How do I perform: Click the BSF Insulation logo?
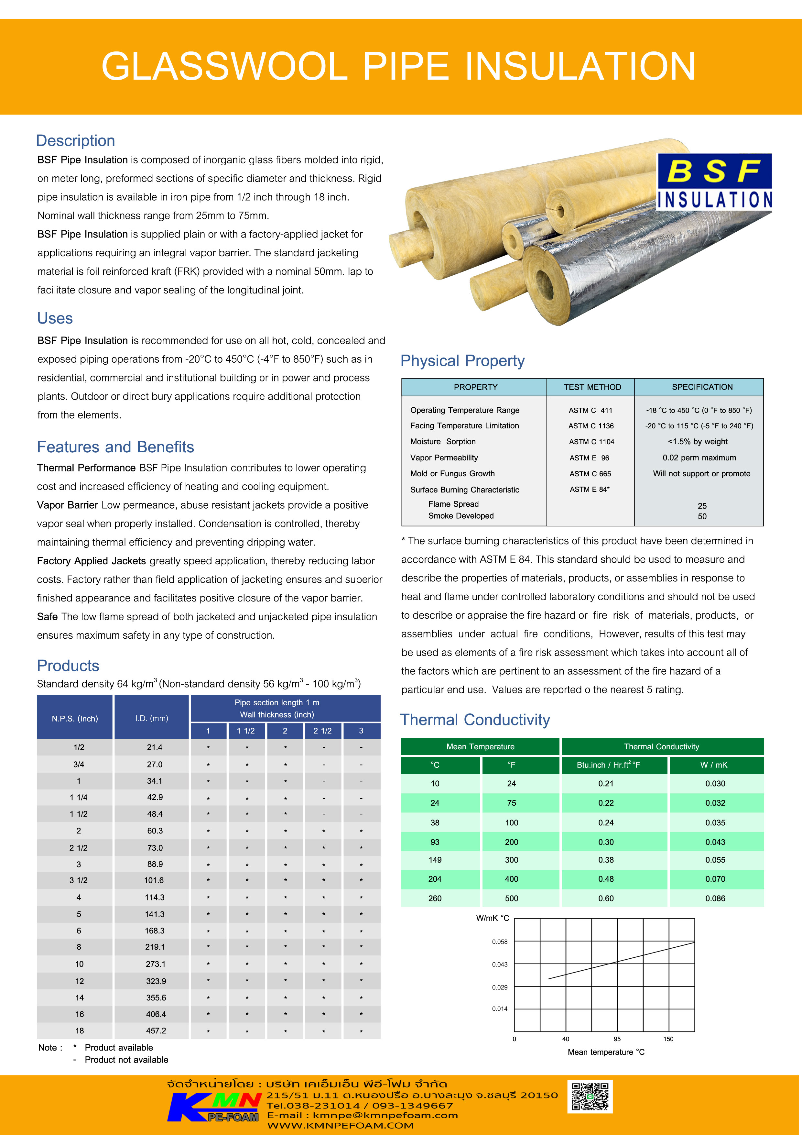coord(714,182)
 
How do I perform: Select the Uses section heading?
coord(55,318)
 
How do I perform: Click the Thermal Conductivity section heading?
coord(475,720)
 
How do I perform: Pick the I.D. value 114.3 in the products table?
coord(155,897)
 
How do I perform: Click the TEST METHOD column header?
coord(592,387)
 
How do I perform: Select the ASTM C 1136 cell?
coord(591,426)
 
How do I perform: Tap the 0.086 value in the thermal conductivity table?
coord(715,898)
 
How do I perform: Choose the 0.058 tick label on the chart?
coord(500,942)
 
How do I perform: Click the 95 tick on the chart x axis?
coord(617,1039)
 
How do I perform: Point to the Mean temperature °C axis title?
coord(606,1052)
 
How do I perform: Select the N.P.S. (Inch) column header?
coord(75,718)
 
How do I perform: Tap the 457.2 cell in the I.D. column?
coord(156,1031)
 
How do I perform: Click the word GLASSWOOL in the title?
coord(225,67)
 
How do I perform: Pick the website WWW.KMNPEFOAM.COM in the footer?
coord(340,1126)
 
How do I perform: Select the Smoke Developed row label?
coord(461,516)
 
